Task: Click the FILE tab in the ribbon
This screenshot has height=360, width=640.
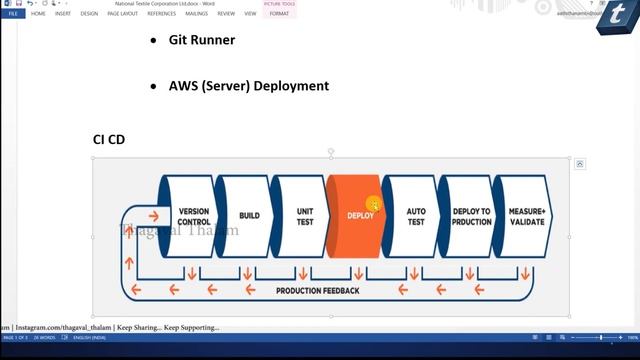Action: (12, 14)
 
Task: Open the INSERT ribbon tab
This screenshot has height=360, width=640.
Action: (62, 14)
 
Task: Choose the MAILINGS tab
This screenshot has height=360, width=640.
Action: (196, 14)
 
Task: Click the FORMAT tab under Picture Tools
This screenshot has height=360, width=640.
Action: (279, 14)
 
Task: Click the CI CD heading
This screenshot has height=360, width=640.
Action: (109, 139)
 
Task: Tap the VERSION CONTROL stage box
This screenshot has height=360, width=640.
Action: (193, 216)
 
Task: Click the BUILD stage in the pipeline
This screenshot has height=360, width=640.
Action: (249, 216)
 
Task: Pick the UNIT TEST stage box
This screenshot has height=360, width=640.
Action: (305, 216)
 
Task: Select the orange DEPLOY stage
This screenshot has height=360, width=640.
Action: (359, 216)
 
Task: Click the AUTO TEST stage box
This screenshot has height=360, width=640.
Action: (416, 216)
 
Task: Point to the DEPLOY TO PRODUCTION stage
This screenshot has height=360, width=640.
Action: (471, 216)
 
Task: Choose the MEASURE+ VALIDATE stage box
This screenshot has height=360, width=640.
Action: (526, 216)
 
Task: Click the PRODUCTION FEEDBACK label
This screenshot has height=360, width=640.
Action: (317, 290)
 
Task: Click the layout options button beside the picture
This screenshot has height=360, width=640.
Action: (580, 164)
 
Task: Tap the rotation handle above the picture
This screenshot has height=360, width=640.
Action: (331, 151)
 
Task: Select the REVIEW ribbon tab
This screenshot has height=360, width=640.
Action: (226, 14)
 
